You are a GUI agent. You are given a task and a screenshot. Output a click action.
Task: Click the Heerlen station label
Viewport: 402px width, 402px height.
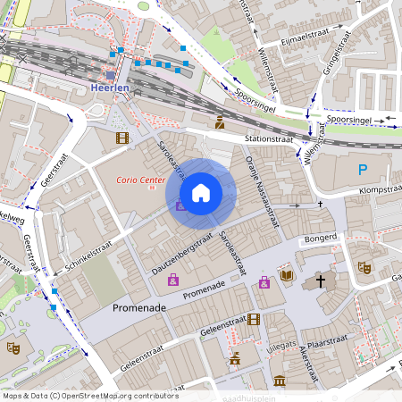(x=111, y=89)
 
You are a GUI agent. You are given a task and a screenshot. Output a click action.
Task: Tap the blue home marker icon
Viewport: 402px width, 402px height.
(x=201, y=193)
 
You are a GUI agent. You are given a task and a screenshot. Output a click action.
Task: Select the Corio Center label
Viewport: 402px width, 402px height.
(x=140, y=180)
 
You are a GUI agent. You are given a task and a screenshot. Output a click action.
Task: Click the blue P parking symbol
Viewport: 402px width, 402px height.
(x=363, y=170)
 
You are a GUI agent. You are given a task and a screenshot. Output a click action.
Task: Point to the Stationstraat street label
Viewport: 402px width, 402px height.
(x=268, y=139)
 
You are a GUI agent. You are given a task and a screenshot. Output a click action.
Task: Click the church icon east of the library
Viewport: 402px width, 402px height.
(x=321, y=281)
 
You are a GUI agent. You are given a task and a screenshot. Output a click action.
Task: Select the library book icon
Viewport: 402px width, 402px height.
(x=287, y=275)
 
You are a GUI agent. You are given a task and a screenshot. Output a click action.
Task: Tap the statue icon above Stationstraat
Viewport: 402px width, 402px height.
(x=219, y=122)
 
